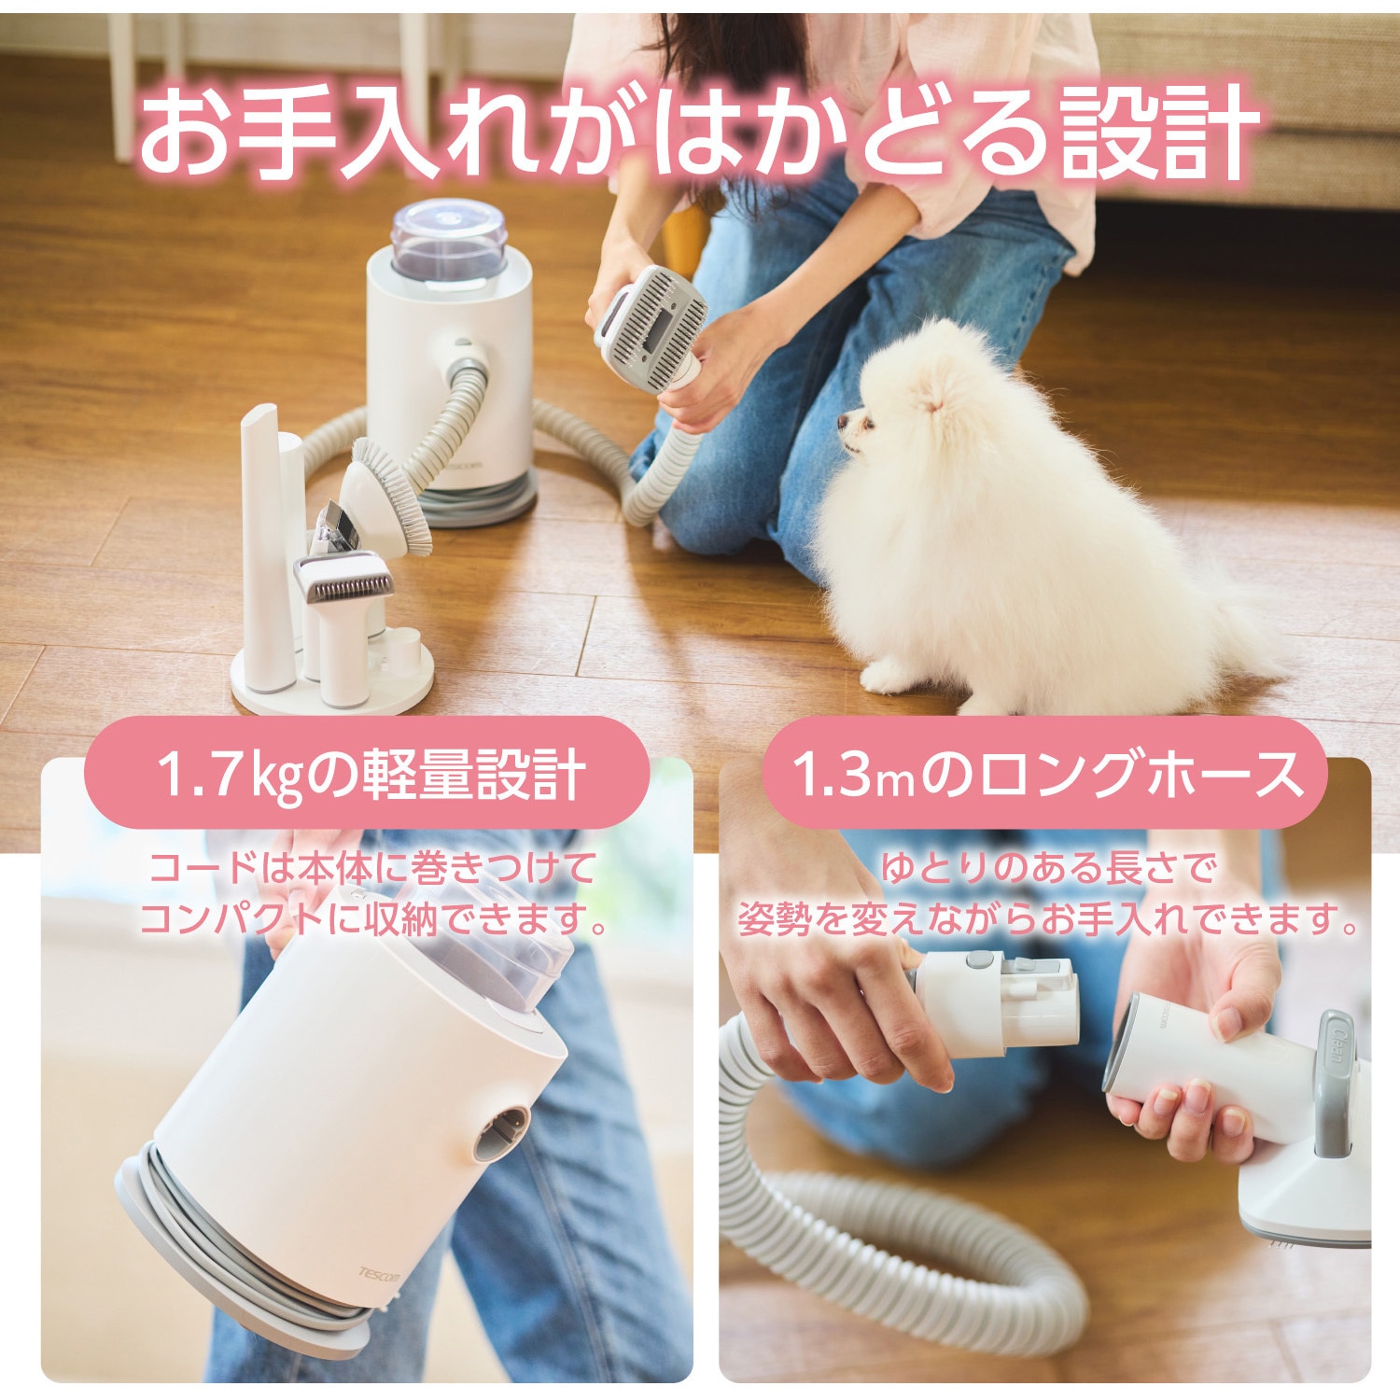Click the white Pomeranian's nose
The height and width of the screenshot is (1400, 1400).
pyautogui.click(x=842, y=421)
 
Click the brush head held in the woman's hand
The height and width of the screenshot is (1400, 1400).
pyautogui.click(x=654, y=318)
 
